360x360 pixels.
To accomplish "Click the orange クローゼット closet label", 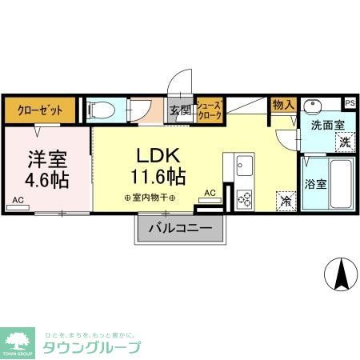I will [x=40, y=110].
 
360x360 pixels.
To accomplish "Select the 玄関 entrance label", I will [x=178, y=110].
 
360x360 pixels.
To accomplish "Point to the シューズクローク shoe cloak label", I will [x=209, y=110].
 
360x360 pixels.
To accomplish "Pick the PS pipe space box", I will [x=350, y=102].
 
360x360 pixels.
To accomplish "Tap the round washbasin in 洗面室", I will [x=314, y=106].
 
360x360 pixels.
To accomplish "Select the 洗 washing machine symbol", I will [x=342, y=142].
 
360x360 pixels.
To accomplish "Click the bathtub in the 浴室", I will [x=341, y=184].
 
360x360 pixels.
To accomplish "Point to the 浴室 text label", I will [x=314, y=184].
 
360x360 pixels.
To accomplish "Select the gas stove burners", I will [x=244, y=197].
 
